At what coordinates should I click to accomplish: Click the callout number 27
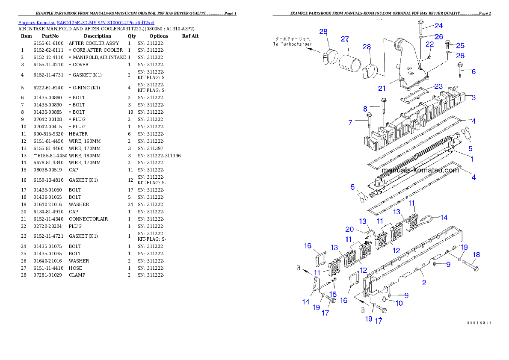point(345,39)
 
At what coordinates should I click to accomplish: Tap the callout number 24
point(438,26)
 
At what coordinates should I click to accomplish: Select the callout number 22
point(429,44)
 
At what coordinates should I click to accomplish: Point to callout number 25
point(460,46)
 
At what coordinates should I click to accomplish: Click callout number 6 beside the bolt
point(473,72)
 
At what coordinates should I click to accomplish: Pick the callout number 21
point(382,89)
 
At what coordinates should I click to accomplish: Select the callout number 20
point(349,229)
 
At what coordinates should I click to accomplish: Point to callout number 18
point(476,255)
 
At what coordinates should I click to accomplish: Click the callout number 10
point(399,303)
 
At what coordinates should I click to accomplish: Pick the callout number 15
point(332,294)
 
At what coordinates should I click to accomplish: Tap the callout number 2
point(424,282)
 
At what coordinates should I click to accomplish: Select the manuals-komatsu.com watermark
point(420,170)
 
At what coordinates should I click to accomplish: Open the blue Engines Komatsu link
point(86,22)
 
